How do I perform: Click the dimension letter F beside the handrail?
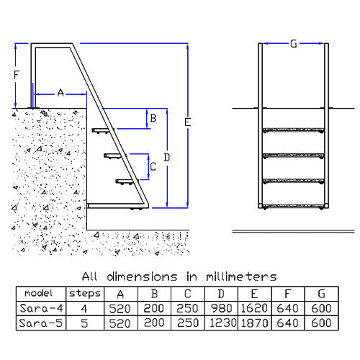(x=16, y=75)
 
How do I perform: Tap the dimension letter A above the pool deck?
(x=60, y=93)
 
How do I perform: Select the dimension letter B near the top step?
(x=153, y=118)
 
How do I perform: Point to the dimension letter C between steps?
(x=153, y=166)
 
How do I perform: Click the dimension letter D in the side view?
(x=167, y=158)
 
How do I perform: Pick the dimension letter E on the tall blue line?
(x=187, y=122)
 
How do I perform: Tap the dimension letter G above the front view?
(x=294, y=44)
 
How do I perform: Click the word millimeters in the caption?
(x=241, y=276)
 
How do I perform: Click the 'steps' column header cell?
(x=85, y=294)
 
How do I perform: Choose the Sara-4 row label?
(x=41, y=308)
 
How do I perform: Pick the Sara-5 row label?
(x=41, y=323)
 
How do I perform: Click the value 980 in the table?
(x=222, y=308)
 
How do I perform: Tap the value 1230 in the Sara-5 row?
(x=223, y=323)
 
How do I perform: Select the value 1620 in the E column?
(x=254, y=308)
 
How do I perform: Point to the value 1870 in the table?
(x=254, y=323)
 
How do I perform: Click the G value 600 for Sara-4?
(x=321, y=308)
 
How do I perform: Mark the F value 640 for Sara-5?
(x=288, y=323)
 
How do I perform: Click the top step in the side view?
(x=103, y=130)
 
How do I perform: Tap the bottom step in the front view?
(x=293, y=206)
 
